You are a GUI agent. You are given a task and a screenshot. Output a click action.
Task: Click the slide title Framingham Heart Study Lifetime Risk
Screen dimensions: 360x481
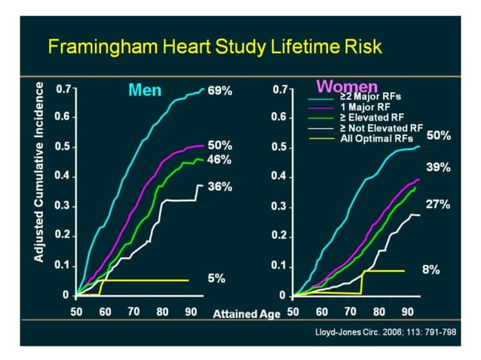pyautogui.click(x=215, y=47)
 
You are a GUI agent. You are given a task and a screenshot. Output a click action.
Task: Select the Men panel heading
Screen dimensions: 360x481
pyautogui.click(x=145, y=90)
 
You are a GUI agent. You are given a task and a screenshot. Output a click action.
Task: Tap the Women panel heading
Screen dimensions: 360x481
pyautogui.click(x=336, y=85)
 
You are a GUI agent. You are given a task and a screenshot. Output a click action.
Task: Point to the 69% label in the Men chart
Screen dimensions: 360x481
pyautogui.click(x=219, y=90)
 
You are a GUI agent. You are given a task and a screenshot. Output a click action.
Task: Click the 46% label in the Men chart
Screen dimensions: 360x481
pyautogui.click(x=219, y=160)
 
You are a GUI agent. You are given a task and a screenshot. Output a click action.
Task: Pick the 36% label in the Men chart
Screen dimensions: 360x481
pyautogui.click(x=219, y=187)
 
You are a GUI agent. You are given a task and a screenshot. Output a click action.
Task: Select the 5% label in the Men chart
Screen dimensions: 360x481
pyautogui.click(x=216, y=278)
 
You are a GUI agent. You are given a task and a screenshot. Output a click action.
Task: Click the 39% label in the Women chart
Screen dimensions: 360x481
pyautogui.click(x=438, y=168)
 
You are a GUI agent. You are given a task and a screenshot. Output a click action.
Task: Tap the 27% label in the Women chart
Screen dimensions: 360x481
pyautogui.click(x=438, y=204)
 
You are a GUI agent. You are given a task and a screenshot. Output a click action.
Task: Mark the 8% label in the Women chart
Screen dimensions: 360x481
pyautogui.click(x=430, y=269)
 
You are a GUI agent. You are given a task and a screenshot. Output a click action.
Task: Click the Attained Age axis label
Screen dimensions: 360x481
pyautogui.click(x=244, y=312)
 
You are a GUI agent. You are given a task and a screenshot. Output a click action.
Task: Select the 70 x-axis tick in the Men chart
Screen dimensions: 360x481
pyautogui.click(x=133, y=311)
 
